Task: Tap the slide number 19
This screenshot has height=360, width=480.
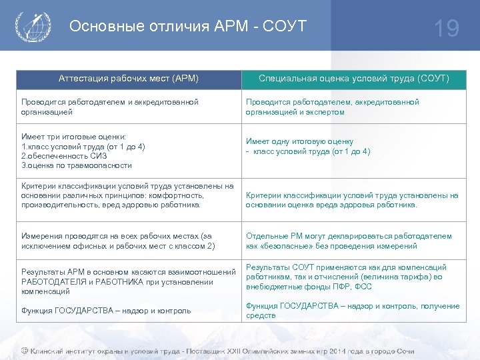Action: [446, 28]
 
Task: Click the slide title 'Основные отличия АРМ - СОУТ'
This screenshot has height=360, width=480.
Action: [188, 26]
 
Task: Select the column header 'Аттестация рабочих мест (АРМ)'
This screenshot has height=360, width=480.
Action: [129, 79]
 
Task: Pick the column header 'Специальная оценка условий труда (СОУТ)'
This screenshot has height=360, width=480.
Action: [354, 79]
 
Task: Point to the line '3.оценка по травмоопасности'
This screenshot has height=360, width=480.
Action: [77, 165]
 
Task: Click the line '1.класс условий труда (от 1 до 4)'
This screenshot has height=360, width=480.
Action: [83, 147]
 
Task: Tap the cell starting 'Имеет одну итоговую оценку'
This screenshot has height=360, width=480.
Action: [308, 146]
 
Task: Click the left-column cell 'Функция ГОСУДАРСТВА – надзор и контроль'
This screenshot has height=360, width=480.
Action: [106, 311]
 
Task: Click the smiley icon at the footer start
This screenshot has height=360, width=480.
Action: [25, 351]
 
